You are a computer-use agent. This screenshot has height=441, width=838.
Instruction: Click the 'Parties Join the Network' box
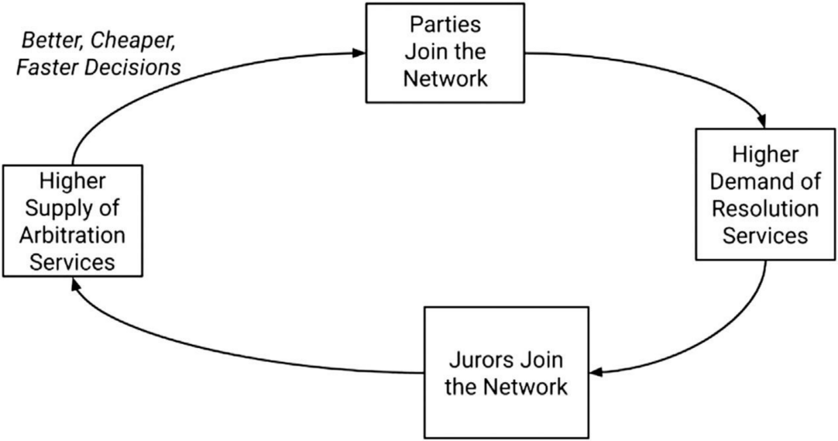[x=445, y=53]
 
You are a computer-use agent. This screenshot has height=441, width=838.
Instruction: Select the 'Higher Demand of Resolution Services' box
[x=765, y=194]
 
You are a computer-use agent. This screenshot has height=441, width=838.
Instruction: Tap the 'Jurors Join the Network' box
[x=506, y=373]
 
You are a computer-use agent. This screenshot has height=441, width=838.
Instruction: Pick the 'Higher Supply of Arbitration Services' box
[x=73, y=221]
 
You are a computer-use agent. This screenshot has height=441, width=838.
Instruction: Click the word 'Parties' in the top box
[x=445, y=25]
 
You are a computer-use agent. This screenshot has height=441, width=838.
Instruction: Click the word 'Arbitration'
[x=73, y=235]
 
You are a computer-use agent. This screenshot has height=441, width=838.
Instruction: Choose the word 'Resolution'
[x=765, y=208]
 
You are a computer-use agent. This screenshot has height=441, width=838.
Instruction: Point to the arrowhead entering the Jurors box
[x=596, y=371]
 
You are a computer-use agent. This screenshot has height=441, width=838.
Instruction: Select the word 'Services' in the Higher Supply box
[x=73, y=263]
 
